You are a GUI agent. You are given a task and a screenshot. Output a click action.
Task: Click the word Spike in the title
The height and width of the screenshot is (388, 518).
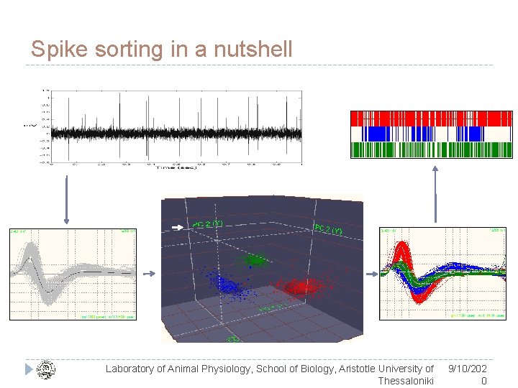[x=53, y=50]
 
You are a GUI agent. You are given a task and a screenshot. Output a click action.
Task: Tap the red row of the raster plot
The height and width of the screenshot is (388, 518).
[x=430, y=119]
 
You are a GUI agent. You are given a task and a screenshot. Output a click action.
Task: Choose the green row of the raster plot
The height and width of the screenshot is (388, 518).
[x=430, y=149]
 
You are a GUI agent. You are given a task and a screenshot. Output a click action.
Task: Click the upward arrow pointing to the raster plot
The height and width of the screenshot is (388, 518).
[x=435, y=194]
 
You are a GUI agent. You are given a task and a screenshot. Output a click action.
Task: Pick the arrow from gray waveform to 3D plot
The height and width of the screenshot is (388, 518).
[x=148, y=274]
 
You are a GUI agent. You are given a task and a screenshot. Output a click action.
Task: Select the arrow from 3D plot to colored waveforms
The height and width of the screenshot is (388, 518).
[x=371, y=274]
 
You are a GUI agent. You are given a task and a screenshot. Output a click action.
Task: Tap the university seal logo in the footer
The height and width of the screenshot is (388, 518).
[x=45, y=369]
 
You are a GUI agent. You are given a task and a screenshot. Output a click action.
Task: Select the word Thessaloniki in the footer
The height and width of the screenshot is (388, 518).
[x=406, y=381]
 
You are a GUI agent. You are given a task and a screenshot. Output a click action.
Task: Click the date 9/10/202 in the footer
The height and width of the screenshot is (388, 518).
[x=467, y=369]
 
